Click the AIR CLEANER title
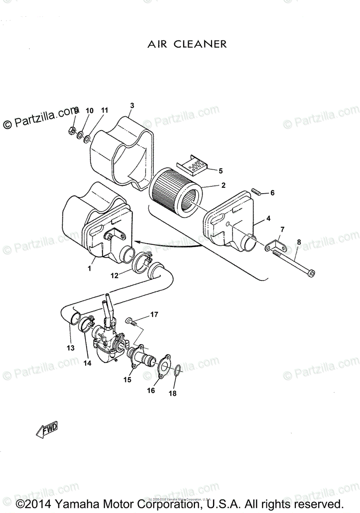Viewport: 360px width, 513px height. (x=187, y=44)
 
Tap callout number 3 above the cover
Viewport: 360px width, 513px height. (x=132, y=105)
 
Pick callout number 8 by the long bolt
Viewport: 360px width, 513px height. (x=299, y=242)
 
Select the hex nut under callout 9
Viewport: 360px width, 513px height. (x=72, y=130)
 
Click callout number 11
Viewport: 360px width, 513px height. (x=104, y=110)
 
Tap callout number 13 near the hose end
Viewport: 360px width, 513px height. (x=71, y=348)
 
